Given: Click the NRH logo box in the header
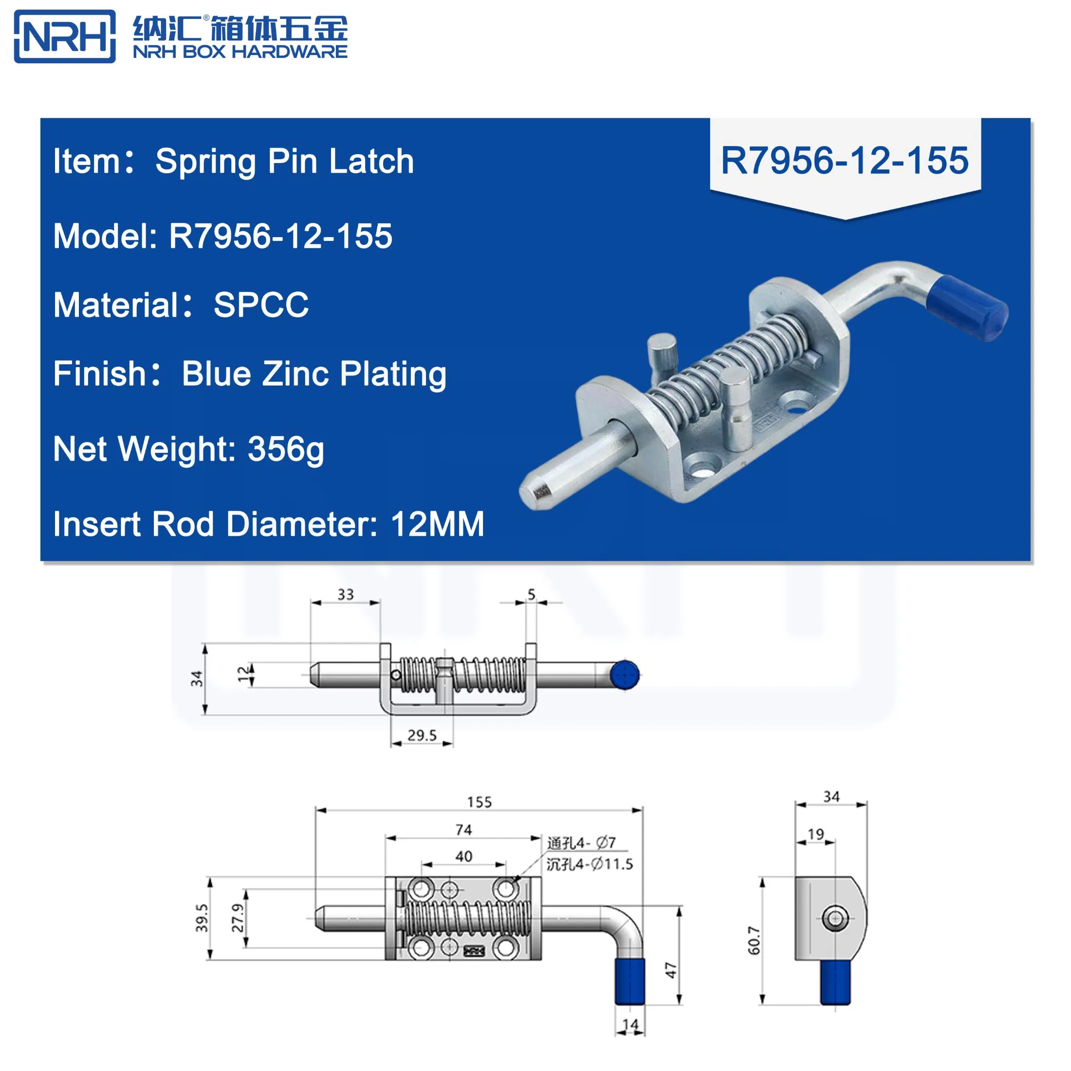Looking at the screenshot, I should tap(64, 37).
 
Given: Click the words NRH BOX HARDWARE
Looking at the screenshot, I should tap(240, 52).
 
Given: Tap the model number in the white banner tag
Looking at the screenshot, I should tap(844, 161).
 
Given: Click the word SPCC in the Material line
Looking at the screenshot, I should tap(261, 305).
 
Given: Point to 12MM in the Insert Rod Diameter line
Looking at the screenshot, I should tap(437, 524).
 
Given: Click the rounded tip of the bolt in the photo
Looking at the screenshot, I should tap(535, 491).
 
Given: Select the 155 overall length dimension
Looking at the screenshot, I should tap(479, 802).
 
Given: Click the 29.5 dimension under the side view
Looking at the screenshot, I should tap(422, 735).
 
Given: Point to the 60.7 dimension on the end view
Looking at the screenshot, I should tap(754, 940).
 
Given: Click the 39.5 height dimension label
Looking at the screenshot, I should tap(202, 918).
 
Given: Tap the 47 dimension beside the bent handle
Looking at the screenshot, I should tap(671, 970).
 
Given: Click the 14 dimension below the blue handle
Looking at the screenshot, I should tap(630, 1024).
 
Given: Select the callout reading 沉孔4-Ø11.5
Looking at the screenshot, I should tap(589, 864).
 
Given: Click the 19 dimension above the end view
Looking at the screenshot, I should tap(815, 834).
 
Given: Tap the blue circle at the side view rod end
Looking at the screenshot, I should tap(625, 675).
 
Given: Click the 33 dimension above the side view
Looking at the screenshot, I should tap(345, 594).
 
